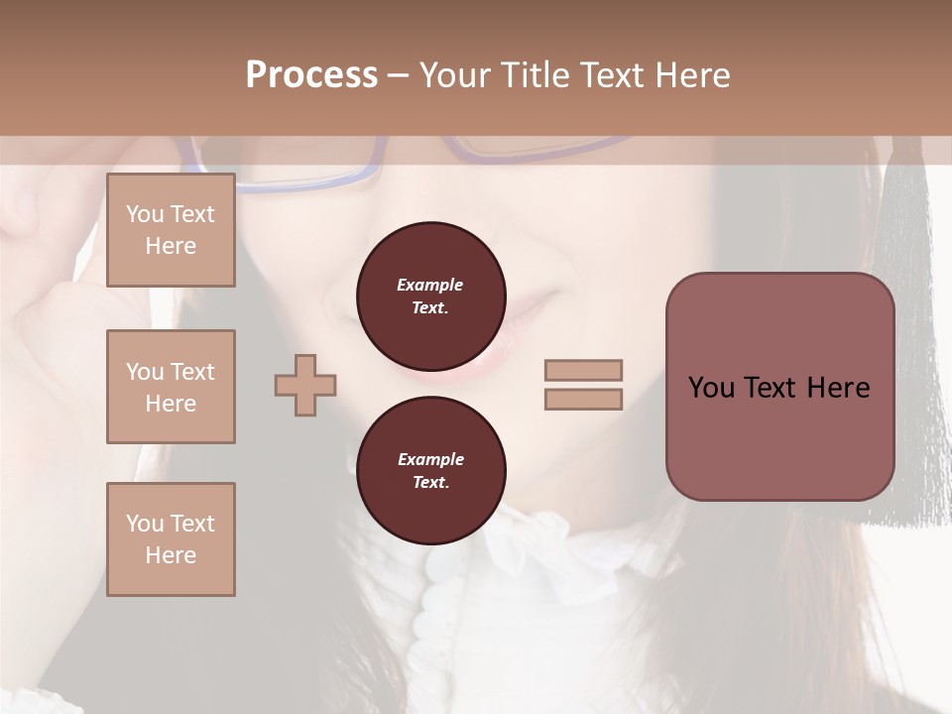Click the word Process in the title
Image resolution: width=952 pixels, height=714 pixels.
tap(311, 75)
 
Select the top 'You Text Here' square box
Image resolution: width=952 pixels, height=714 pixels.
tap(171, 230)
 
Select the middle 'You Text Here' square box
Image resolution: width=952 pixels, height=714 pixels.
tap(171, 387)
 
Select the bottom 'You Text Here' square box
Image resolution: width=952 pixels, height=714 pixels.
tap(171, 539)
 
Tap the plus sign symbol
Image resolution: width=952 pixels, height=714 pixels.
tap(305, 385)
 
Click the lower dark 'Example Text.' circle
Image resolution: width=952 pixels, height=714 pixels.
tap(430, 471)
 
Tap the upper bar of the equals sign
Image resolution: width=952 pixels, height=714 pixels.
tap(583, 371)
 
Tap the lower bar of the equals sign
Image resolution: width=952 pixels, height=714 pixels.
tap(583, 399)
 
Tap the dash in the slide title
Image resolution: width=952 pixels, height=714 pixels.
tap(399, 75)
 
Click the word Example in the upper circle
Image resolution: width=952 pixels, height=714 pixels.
tap(430, 285)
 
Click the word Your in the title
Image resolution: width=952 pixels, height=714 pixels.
tap(452, 75)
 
